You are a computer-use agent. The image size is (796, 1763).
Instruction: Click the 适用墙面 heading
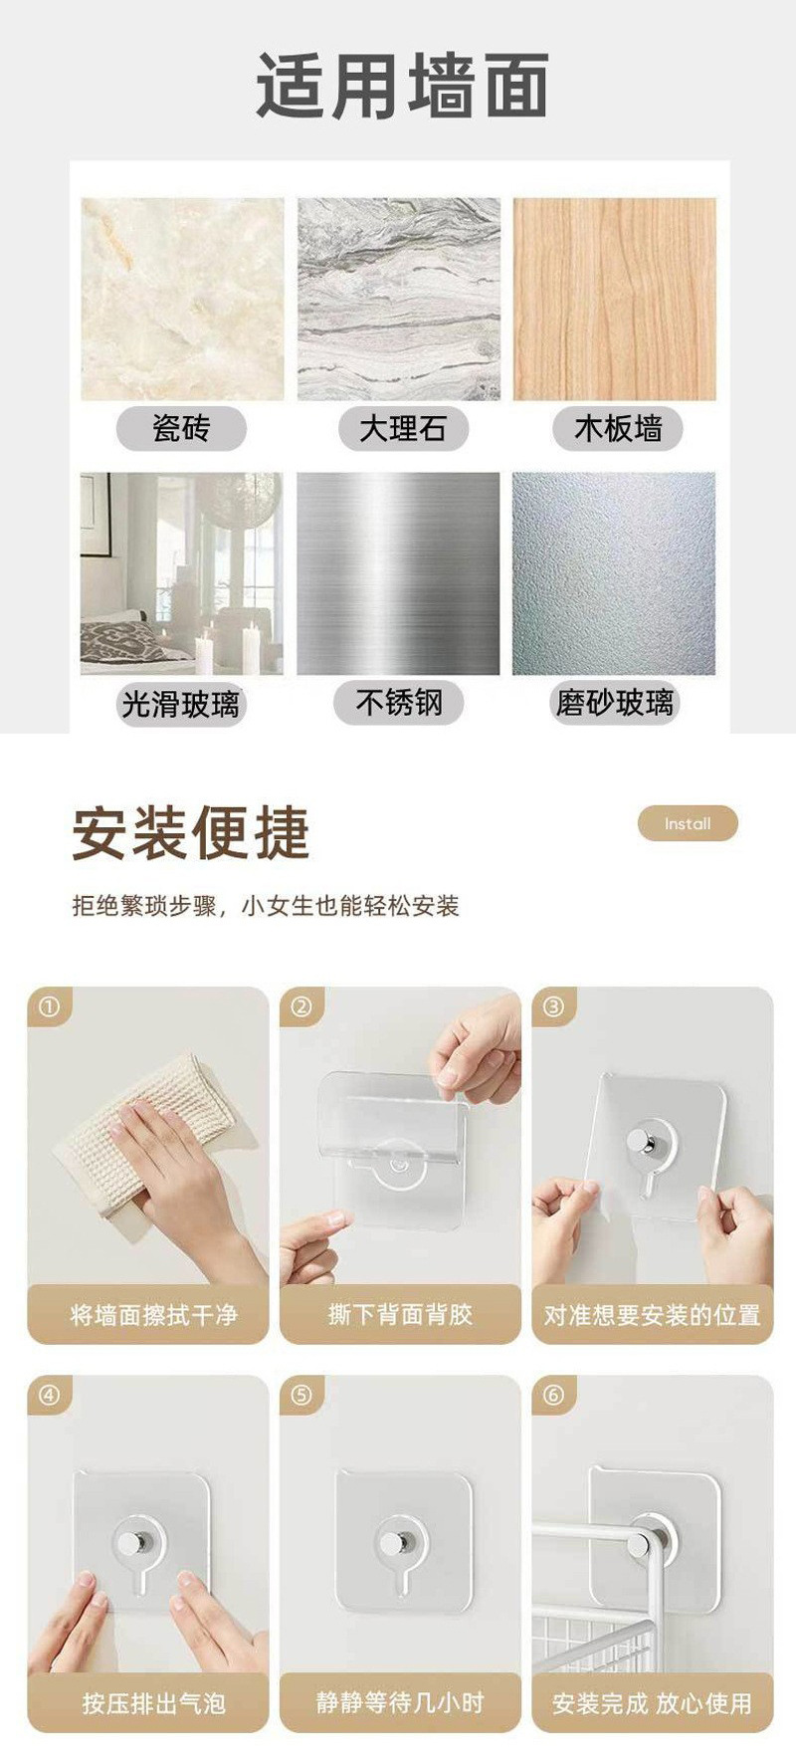click(x=402, y=86)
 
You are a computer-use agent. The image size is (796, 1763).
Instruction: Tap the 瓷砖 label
click(x=181, y=429)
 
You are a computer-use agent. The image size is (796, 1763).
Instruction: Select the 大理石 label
click(x=402, y=429)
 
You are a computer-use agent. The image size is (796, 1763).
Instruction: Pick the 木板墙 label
click(x=618, y=429)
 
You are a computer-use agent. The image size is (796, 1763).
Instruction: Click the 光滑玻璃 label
click(x=181, y=704)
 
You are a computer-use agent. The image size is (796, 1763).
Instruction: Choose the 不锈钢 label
click(x=399, y=703)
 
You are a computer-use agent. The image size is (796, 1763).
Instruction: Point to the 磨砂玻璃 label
click(x=615, y=703)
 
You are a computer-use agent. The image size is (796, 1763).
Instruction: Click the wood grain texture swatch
click(x=614, y=299)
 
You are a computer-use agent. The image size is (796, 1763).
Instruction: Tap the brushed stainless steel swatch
click(x=398, y=573)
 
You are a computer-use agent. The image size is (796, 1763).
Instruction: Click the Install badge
click(x=688, y=824)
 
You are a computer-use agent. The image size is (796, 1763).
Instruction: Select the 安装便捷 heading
click(x=191, y=833)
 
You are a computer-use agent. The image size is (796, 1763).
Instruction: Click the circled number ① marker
click(x=49, y=1006)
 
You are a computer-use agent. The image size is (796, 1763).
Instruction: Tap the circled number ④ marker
click(x=49, y=1396)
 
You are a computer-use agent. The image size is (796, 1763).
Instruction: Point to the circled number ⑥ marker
click(x=553, y=1396)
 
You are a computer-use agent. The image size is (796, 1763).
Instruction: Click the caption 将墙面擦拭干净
click(x=154, y=1315)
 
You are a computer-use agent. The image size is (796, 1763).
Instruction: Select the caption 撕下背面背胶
click(x=400, y=1315)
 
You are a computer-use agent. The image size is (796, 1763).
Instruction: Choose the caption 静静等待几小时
click(x=400, y=1702)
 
